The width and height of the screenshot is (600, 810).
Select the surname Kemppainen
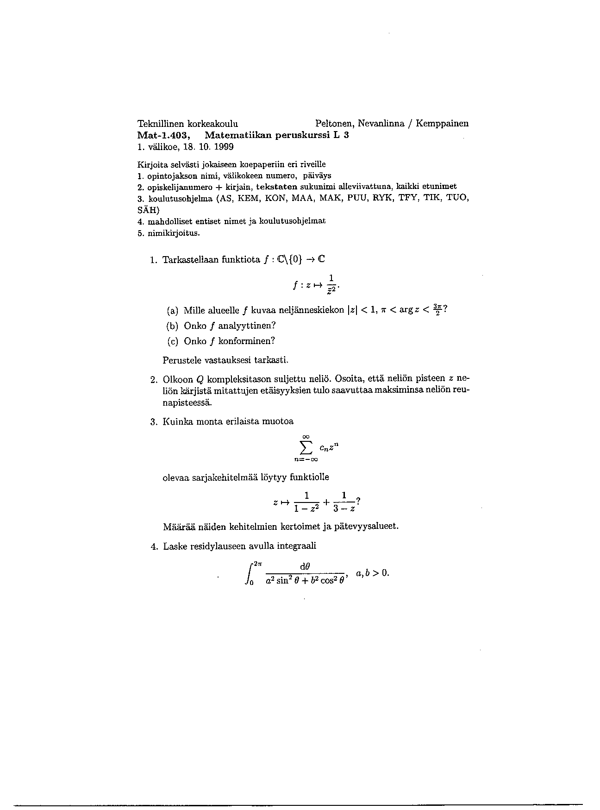pyautogui.click(x=442, y=124)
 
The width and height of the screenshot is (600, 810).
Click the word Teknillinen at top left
pyautogui.click(x=158, y=124)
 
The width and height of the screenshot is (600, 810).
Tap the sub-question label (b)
pyautogui.click(x=172, y=326)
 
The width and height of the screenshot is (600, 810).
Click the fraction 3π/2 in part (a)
pyautogui.click(x=437, y=309)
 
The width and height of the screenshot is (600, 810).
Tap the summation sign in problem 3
pyautogui.click(x=306, y=447)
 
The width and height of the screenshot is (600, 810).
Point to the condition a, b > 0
pyautogui.click(x=372, y=573)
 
